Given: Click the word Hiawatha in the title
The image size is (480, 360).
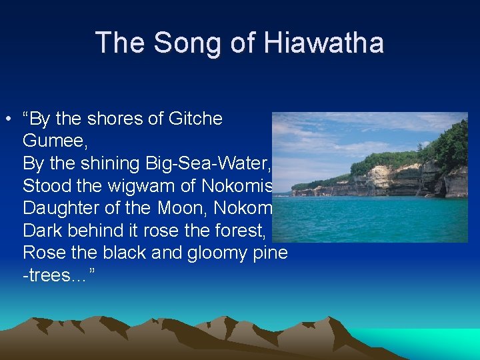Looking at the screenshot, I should (325, 43).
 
